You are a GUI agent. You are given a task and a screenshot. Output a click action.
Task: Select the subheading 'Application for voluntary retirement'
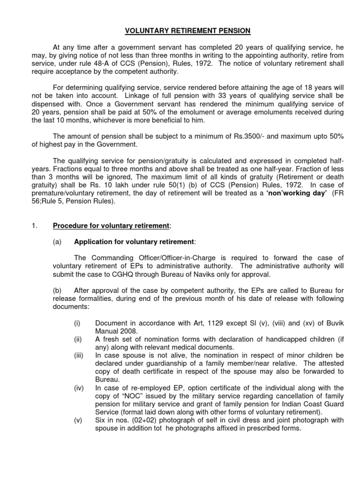point(134,242)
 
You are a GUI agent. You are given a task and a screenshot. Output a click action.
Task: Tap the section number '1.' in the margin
point(34,225)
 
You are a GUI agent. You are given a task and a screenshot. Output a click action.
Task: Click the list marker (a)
point(57,242)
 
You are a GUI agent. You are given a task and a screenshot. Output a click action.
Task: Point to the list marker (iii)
point(78,356)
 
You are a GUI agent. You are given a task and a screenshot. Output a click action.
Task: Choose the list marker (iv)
point(78,388)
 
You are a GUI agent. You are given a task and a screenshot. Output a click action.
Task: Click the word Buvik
point(320,323)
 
